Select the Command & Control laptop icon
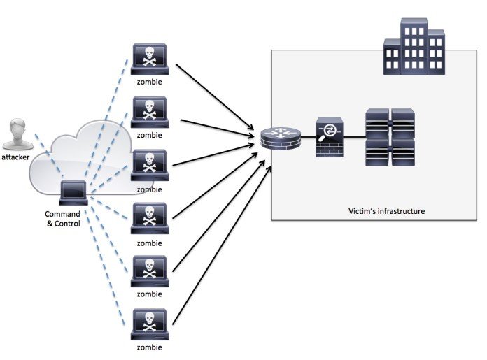point(73,191)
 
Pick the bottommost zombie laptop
point(150,323)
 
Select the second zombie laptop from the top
point(150,111)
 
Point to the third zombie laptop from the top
point(150,164)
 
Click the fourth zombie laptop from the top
point(150,217)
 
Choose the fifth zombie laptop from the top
point(150,270)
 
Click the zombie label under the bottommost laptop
point(150,347)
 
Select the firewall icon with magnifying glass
point(330,137)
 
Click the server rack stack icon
point(390,137)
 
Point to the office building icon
point(414,47)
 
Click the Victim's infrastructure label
point(386,210)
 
